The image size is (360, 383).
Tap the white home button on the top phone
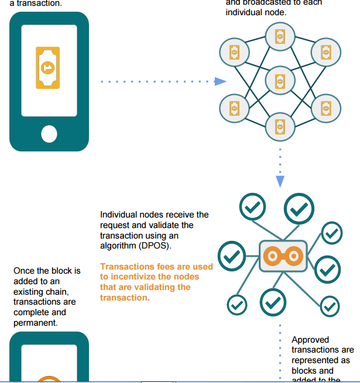click(x=49, y=134)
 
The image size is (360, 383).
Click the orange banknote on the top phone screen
click(x=48, y=68)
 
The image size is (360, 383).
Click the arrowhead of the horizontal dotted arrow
click(x=220, y=81)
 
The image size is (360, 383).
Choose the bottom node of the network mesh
click(x=279, y=125)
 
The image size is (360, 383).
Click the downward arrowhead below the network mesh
click(x=280, y=181)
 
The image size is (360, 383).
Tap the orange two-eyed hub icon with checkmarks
click(x=283, y=256)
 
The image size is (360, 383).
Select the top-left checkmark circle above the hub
click(x=253, y=206)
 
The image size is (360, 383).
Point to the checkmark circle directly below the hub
click(x=273, y=302)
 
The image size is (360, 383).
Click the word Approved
click(x=310, y=340)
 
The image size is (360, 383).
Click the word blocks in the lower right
click(x=303, y=370)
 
